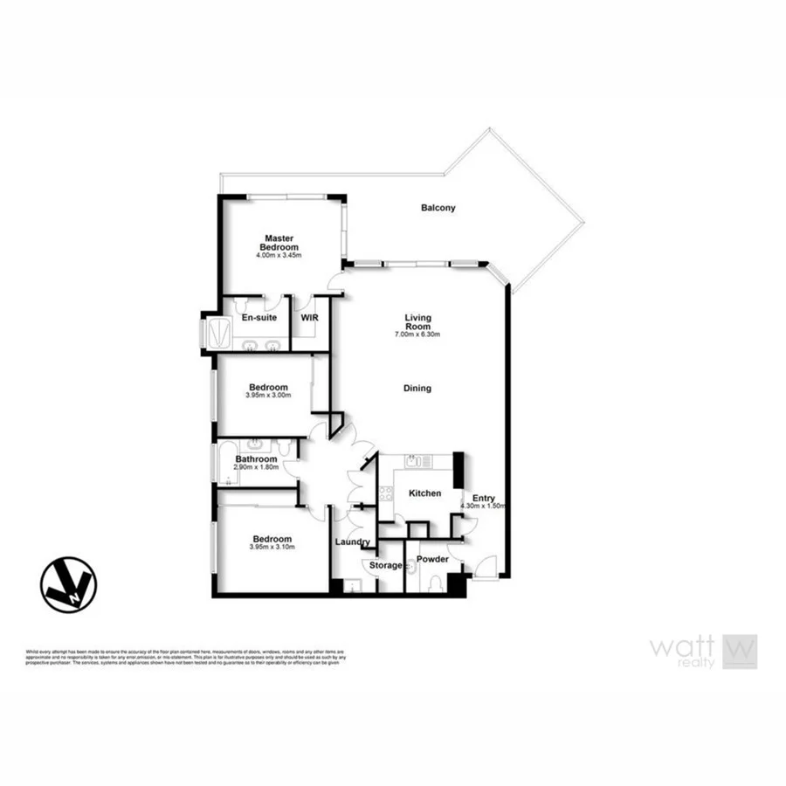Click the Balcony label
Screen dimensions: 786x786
438,208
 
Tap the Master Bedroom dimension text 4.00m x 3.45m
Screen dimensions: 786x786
279,256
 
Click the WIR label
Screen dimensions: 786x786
309,319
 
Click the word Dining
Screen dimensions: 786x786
417,388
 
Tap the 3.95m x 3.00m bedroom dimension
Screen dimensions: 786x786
268,396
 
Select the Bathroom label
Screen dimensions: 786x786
256,459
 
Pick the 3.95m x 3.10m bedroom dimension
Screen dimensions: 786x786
272,548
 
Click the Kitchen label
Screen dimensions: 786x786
424,493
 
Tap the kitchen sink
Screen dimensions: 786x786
412,460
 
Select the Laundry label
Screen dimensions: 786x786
353,542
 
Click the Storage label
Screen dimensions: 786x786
385,565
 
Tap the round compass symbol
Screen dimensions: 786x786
68,584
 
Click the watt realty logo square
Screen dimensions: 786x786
740,652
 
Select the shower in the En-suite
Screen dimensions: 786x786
215,333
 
